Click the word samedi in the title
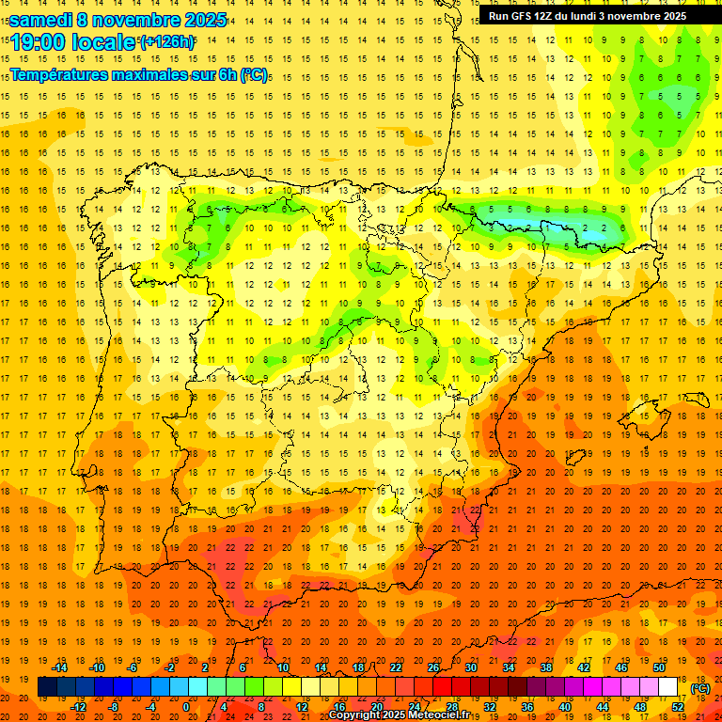41,20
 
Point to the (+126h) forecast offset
167,42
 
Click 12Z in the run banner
551,16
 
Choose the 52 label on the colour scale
678,707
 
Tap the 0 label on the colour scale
186,707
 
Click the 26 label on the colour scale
433,667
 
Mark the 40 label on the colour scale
565,707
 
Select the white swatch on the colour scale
667,687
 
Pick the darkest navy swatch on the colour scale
47,687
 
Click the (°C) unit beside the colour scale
700,688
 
